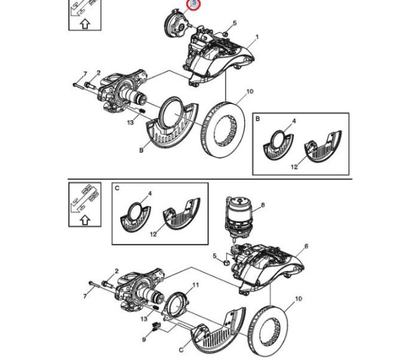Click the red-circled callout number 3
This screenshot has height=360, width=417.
tap(194, 5)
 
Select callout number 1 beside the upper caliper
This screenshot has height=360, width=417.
tap(256, 37)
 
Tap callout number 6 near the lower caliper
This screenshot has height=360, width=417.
tap(306, 247)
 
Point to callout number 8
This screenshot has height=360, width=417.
tap(263, 205)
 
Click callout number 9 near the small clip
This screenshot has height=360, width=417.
tap(144, 339)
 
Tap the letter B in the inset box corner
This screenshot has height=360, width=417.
tap(258, 118)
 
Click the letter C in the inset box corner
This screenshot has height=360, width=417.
tap(117, 187)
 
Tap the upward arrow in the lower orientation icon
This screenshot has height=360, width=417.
tap(85, 219)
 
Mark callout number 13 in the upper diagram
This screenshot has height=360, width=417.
tap(131, 123)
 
